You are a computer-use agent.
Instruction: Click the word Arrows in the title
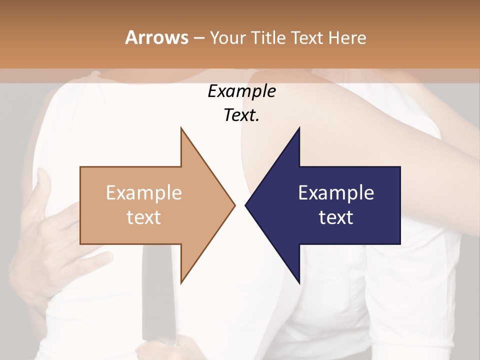(156, 37)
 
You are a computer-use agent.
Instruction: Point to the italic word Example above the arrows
(241, 91)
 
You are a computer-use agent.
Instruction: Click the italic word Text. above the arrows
(241, 115)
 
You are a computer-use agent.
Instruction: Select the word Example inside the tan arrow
(144, 192)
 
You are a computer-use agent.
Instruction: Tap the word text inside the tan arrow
(144, 217)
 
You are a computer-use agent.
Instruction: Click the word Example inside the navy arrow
(336, 192)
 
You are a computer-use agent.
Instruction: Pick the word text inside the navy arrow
(336, 217)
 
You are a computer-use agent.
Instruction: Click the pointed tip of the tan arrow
(234, 205)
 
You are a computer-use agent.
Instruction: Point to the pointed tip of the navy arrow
(246, 205)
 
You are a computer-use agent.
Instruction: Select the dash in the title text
(198, 38)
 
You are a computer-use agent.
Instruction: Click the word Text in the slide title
(305, 37)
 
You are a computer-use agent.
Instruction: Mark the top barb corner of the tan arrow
(181, 128)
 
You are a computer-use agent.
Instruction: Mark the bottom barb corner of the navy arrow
(299, 283)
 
